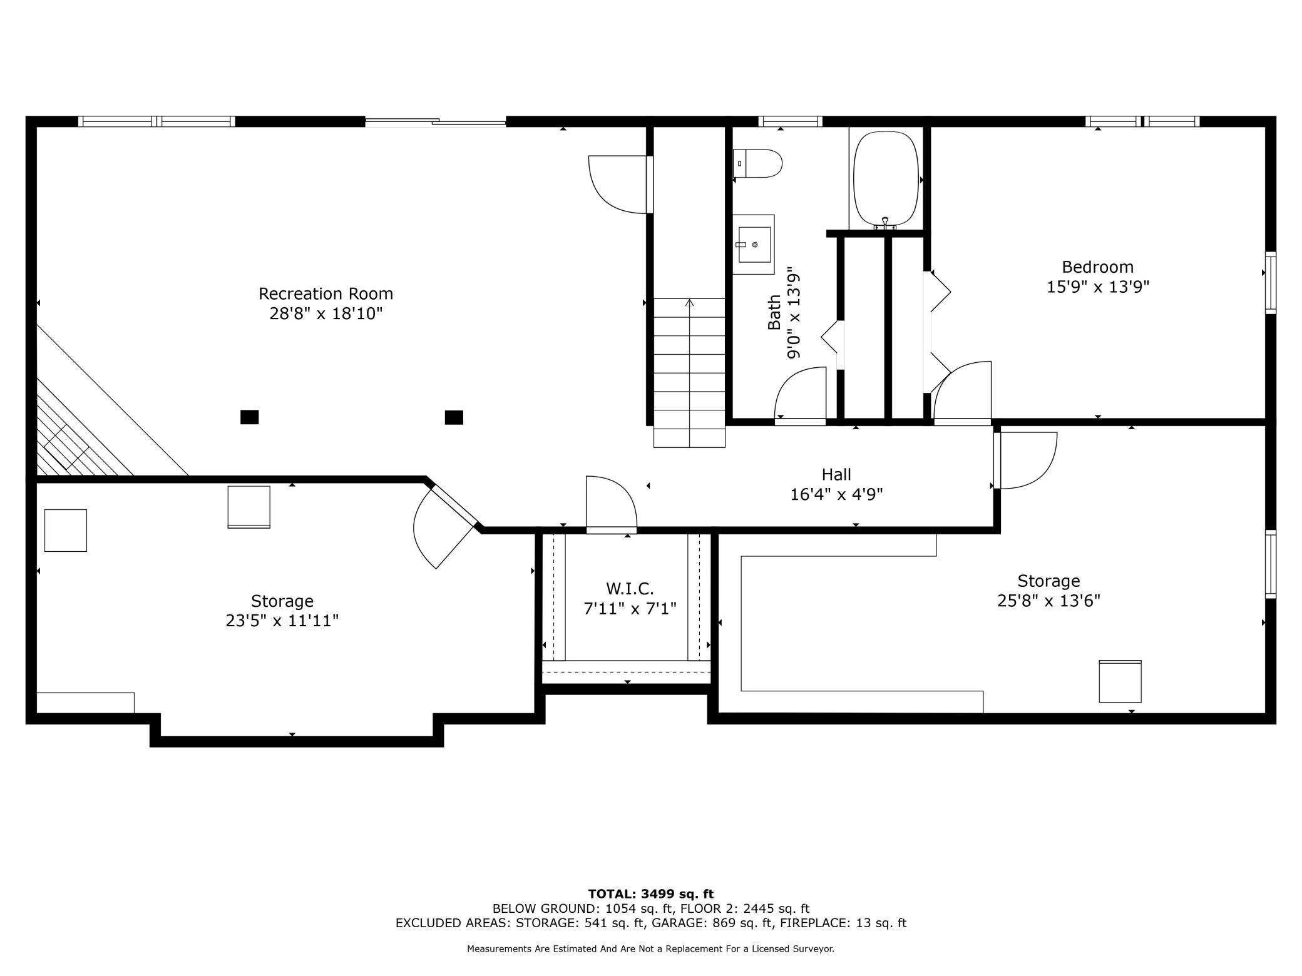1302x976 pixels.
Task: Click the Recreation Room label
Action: pyautogui.click(x=325, y=293)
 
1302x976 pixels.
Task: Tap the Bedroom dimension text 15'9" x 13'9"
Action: pyautogui.click(x=1098, y=287)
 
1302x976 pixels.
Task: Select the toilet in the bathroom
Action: pyautogui.click(x=757, y=163)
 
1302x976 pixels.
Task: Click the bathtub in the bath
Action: pyautogui.click(x=886, y=179)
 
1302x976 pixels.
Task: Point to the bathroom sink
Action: pyautogui.click(x=754, y=244)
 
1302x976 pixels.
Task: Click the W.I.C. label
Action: pyautogui.click(x=630, y=589)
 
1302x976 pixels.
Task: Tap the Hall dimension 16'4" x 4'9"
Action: pyautogui.click(x=836, y=495)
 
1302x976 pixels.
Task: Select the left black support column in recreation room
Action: pyautogui.click(x=249, y=417)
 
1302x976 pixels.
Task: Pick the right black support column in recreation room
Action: pyautogui.click(x=454, y=417)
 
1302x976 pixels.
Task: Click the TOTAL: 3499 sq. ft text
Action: pyautogui.click(x=650, y=894)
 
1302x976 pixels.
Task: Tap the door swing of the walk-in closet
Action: pyautogui.click(x=611, y=504)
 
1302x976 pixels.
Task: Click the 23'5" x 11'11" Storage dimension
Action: pyautogui.click(x=282, y=621)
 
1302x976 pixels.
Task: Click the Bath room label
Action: pyautogui.click(x=774, y=312)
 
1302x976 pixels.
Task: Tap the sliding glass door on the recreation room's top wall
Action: pyautogui.click(x=436, y=121)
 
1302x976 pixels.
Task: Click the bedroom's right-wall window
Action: pyautogui.click(x=1271, y=282)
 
